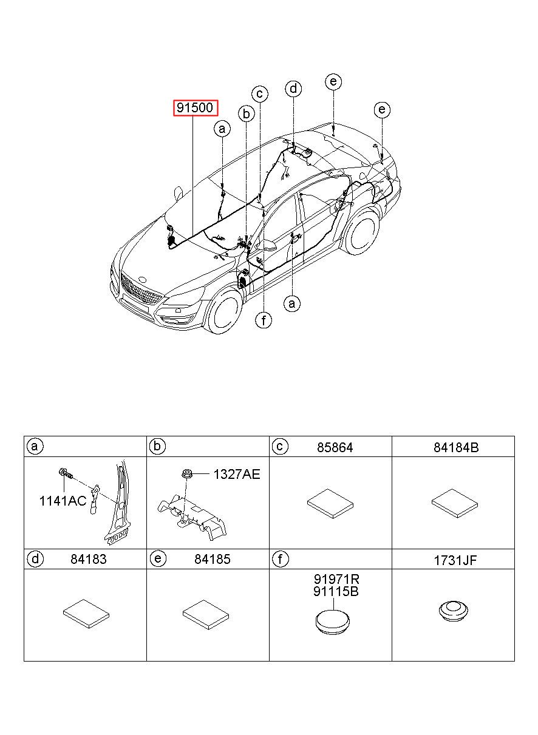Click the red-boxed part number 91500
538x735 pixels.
point(195,109)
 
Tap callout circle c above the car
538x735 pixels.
point(260,93)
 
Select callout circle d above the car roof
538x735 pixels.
point(294,89)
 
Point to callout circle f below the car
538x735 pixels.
point(263,320)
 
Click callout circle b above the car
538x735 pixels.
point(246,113)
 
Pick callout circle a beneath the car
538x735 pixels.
point(292,303)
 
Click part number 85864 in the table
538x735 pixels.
point(335,447)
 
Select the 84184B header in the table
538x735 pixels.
point(456,447)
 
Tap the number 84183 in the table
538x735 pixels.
point(89,559)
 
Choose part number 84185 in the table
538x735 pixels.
point(213,559)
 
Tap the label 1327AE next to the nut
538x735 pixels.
point(236,475)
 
